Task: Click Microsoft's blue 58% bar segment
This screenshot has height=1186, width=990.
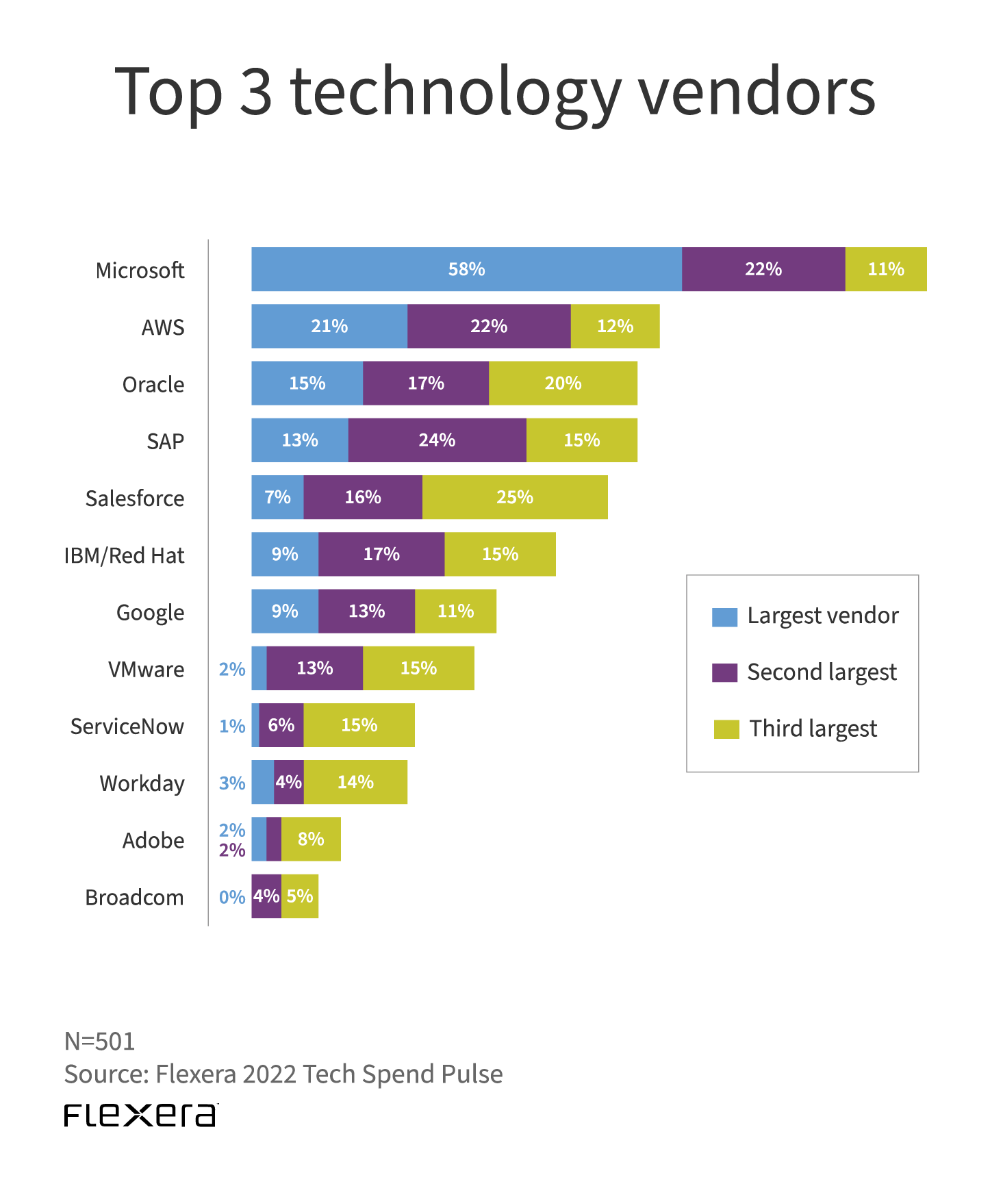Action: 466,269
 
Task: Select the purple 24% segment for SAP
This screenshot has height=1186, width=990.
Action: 437,440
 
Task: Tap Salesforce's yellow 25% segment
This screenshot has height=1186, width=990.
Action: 515,497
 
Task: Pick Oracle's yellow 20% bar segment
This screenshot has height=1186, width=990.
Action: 563,383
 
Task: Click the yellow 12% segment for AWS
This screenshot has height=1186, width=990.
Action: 615,327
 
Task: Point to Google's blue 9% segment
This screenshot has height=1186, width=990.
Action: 285,611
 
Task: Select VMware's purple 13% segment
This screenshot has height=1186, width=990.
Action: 314,668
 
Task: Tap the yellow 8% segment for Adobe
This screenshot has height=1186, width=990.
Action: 311,839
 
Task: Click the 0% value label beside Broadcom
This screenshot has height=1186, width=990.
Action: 232,897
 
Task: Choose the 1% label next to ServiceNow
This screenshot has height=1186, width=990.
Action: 232,726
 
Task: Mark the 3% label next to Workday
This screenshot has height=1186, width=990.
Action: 232,783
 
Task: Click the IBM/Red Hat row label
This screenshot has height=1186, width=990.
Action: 124,555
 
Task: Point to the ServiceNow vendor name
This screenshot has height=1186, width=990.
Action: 127,727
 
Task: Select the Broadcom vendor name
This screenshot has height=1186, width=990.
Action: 134,898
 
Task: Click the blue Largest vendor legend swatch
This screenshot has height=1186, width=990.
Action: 724,617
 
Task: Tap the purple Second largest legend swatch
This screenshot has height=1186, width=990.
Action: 724,673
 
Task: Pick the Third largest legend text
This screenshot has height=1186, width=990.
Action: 813,729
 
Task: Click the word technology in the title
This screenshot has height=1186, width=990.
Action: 455,92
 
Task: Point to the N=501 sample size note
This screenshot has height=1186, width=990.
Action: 100,1042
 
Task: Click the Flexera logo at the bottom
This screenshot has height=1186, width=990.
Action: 141,1115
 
